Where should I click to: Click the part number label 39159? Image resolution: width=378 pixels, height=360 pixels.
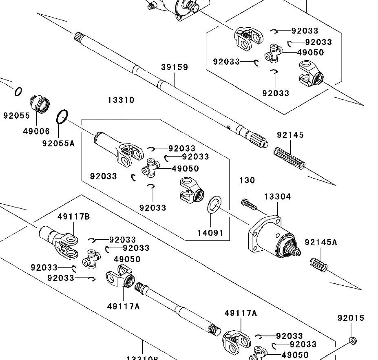pos(175,67)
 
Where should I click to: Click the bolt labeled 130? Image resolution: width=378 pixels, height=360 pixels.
pos(248,204)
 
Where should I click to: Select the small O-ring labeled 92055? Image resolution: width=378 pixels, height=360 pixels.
pos(18,92)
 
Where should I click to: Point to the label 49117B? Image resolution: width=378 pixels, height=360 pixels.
pos(73,216)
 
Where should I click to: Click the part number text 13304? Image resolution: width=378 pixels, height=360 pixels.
pos(277,197)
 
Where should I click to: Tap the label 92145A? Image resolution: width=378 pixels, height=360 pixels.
pos(321,243)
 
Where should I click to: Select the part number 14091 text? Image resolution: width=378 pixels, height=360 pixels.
pos(210,233)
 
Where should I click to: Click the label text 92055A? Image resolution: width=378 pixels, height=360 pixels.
pos(58,143)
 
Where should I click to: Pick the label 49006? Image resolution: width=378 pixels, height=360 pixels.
pos(36,131)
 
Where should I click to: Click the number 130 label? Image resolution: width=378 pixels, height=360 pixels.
pos(247,180)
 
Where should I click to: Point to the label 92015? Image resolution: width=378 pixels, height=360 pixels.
pos(351,318)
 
